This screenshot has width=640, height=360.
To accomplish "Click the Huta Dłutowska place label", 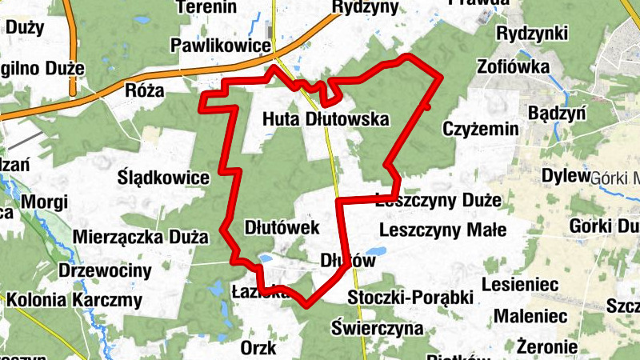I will coord(326,120).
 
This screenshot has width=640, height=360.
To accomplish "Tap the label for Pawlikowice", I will coord(221,46).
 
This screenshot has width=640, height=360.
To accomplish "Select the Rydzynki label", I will coord(532,34).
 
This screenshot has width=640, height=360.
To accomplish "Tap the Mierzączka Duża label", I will coord(140,237).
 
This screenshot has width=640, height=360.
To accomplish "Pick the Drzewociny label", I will coord(105,270).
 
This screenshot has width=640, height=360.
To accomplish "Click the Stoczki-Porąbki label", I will coord(407,298).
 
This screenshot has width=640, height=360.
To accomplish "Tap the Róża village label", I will coord(144,91).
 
